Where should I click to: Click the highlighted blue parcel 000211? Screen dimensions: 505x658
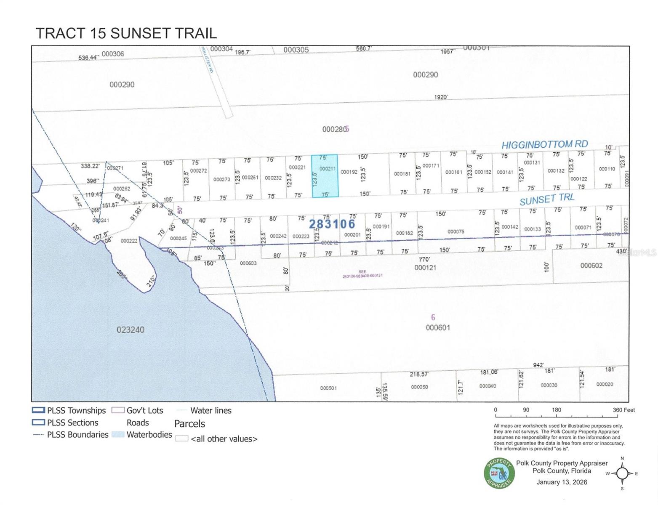[x=325, y=176]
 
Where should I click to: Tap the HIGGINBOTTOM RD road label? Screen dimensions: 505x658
[x=544, y=145]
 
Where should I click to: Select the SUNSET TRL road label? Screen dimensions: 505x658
[x=546, y=199]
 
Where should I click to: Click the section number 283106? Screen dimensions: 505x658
[x=332, y=224]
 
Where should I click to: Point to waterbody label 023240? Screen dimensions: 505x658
[x=130, y=330]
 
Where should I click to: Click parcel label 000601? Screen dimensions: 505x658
[x=438, y=327]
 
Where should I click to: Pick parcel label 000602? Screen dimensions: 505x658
[x=591, y=266]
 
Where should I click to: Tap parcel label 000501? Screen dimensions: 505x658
[x=328, y=388]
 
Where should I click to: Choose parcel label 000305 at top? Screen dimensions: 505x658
[x=296, y=50]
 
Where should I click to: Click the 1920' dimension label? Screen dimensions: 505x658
[x=441, y=97]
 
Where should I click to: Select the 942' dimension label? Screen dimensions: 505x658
[x=538, y=365]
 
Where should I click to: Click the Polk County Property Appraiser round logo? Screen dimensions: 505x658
[x=499, y=473]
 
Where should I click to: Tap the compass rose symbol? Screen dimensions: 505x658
[x=622, y=473]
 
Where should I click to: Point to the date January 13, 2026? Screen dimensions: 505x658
[x=562, y=482]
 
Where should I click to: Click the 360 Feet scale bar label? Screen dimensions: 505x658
[x=623, y=410]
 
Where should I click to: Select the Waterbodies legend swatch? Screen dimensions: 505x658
[x=118, y=435]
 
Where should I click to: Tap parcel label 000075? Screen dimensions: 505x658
[x=456, y=231]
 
